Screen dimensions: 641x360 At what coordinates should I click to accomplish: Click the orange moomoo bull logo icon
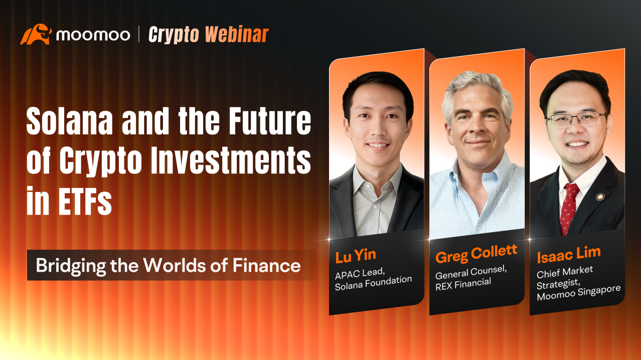(x=36, y=34)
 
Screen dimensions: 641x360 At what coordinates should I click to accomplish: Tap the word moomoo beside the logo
(x=93, y=35)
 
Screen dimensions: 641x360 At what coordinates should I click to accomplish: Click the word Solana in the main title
(x=70, y=121)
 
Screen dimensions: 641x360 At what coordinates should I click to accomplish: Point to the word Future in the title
(x=270, y=121)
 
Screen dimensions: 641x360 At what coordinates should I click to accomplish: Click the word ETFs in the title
(x=85, y=201)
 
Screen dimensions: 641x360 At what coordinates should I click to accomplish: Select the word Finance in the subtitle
(x=266, y=265)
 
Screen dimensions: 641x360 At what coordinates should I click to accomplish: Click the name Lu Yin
(x=356, y=256)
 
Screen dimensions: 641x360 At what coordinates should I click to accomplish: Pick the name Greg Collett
(x=476, y=253)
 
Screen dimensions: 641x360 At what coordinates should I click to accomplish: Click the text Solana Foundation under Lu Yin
(x=373, y=283)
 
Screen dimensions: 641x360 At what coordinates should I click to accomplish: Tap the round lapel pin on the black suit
(x=600, y=197)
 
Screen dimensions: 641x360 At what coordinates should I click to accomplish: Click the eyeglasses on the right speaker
(x=577, y=119)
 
